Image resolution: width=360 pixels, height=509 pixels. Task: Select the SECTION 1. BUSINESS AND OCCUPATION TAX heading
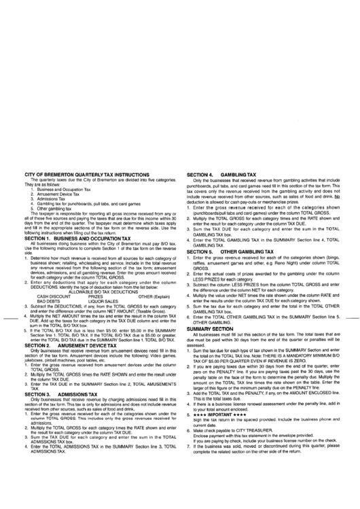73,222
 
